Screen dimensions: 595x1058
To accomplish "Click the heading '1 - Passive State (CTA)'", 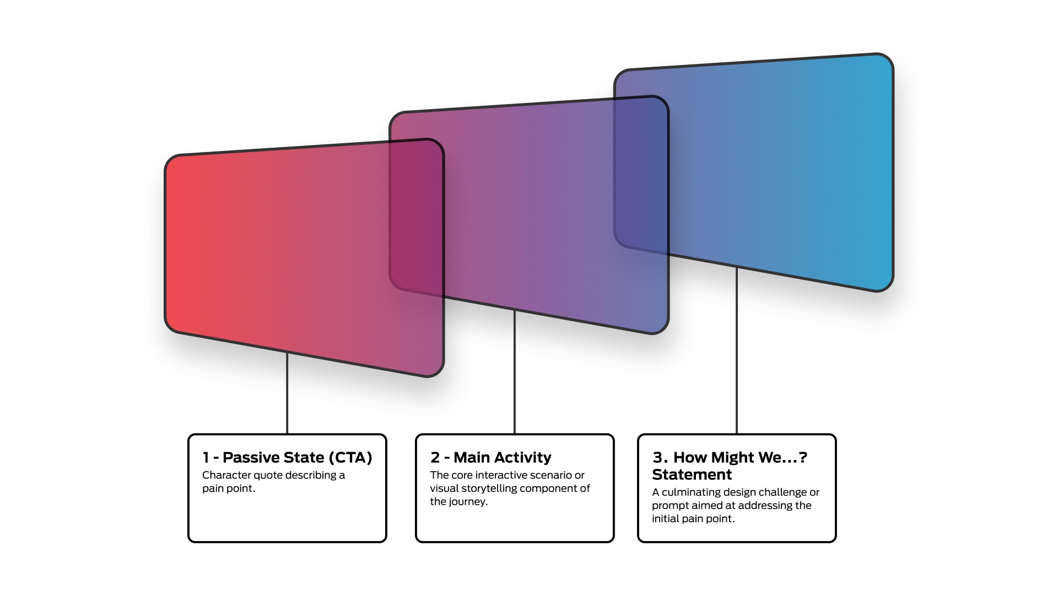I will pyautogui.click(x=287, y=457).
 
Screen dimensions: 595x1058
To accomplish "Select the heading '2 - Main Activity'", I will pyautogui.click(x=490, y=457).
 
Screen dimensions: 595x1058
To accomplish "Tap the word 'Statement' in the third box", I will pyautogui.click(x=692, y=474).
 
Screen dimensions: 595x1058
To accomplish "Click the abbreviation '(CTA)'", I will pyautogui.click(x=350, y=457).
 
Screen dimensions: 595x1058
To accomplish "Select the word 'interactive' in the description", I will pyautogui.click(x=501, y=475).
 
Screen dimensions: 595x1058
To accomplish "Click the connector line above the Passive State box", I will pyautogui.click(x=287, y=394).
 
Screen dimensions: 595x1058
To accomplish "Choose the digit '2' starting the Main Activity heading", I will pyautogui.click(x=435, y=457).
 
